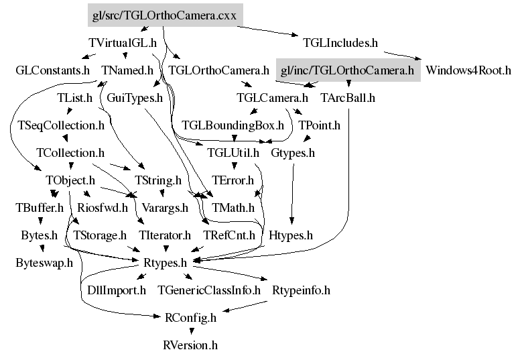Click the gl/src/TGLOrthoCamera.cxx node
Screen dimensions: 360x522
point(164,15)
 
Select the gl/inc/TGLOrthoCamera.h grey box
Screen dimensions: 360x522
point(347,70)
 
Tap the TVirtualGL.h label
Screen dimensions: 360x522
point(123,43)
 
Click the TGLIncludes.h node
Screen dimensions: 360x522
point(340,43)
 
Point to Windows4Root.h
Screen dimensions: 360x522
point(468,70)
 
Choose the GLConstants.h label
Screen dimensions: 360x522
point(52,70)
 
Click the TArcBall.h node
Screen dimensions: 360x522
point(348,98)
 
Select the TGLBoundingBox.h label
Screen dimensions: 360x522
point(233,125)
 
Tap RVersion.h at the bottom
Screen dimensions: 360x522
point(190,345)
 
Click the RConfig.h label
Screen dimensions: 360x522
point(190,318)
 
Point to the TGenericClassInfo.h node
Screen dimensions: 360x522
point(208,290)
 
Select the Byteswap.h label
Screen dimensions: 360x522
point(44,263)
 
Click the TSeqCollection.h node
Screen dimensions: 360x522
point(61,125)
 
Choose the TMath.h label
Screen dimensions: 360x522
point(233,208)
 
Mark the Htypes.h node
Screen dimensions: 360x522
point(290,235)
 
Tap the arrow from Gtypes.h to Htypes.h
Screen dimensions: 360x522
point(292,194)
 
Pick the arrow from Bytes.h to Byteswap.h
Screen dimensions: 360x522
point(42,249)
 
